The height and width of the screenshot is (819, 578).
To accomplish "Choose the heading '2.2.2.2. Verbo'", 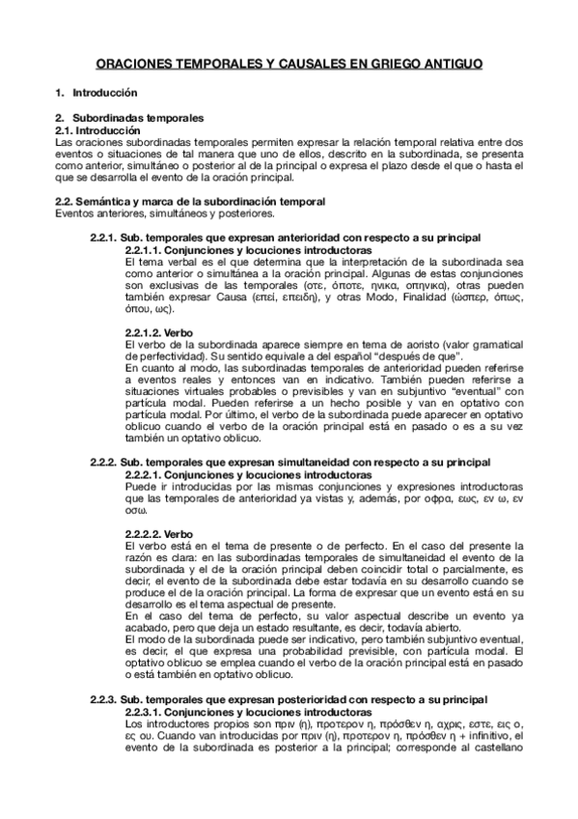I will point(159,534).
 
